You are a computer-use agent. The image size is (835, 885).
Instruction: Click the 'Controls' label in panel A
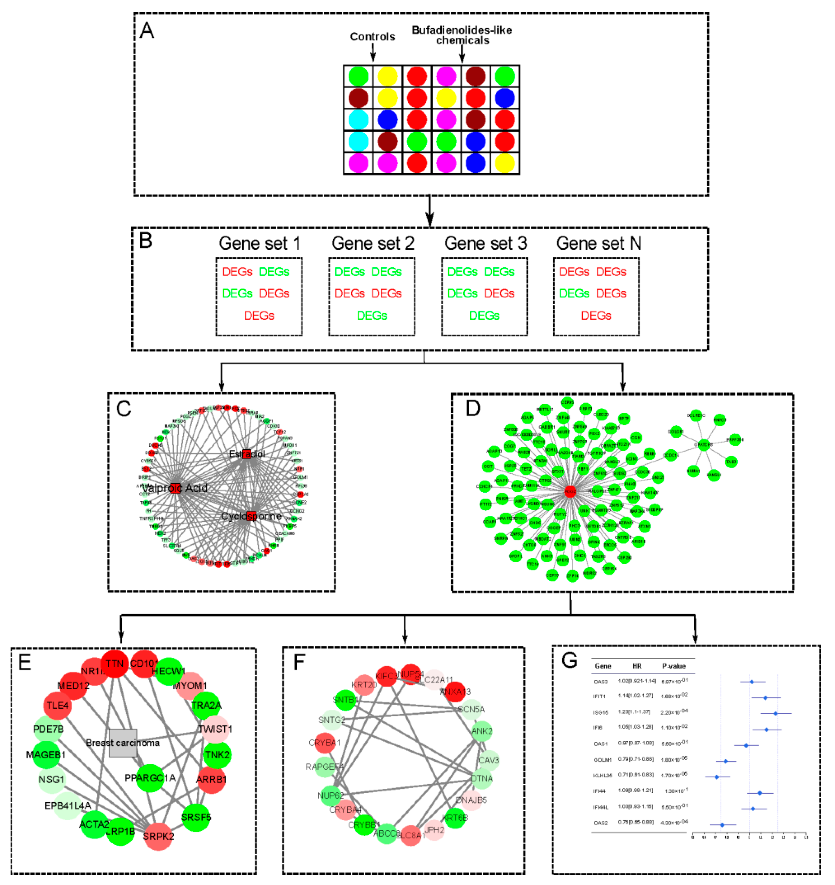coord(372,37)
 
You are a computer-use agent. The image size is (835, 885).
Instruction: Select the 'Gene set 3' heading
coord(485,244)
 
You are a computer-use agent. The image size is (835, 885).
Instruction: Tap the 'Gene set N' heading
coord(599,244)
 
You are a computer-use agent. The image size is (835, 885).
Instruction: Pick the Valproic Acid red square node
coord(175,488)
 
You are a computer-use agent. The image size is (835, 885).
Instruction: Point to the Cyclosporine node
coord(251,516)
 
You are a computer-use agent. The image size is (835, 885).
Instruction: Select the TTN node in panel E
coord(115,664)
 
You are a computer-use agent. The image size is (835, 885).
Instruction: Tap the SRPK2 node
coord(158,836)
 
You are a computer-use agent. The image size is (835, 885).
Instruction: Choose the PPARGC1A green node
coord(150,778)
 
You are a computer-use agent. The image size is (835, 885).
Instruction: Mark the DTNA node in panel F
coord(481,778)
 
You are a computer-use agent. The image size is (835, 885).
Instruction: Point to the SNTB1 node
coord(344,700)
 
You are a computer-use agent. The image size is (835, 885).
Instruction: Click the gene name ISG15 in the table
coord(601,713)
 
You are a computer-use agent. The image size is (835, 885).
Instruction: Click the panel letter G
coord(569,660)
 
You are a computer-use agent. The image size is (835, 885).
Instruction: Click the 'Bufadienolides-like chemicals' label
coord(462,35)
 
